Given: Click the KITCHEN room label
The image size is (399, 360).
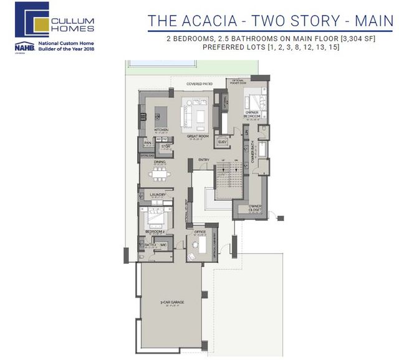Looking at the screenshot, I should pos(161,129).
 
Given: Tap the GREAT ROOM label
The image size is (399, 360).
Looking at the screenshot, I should pos(197,136).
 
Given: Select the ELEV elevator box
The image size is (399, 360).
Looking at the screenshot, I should pos(223,142).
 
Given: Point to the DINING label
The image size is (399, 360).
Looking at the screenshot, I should pos(160,162).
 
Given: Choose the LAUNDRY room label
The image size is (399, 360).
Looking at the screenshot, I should pos(158,195).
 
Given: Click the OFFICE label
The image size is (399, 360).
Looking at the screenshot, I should pos(199,232).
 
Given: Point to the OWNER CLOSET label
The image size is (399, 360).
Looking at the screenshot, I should pos(256,207).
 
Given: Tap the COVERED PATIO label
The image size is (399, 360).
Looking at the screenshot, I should pos(200,84).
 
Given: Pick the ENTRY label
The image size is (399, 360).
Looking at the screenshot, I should pos(204,160).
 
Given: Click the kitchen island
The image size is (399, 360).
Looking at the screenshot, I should pos(159,115).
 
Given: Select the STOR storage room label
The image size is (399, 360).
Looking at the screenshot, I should pos(166,147).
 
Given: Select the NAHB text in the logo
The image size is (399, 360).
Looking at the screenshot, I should pos(24,46).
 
